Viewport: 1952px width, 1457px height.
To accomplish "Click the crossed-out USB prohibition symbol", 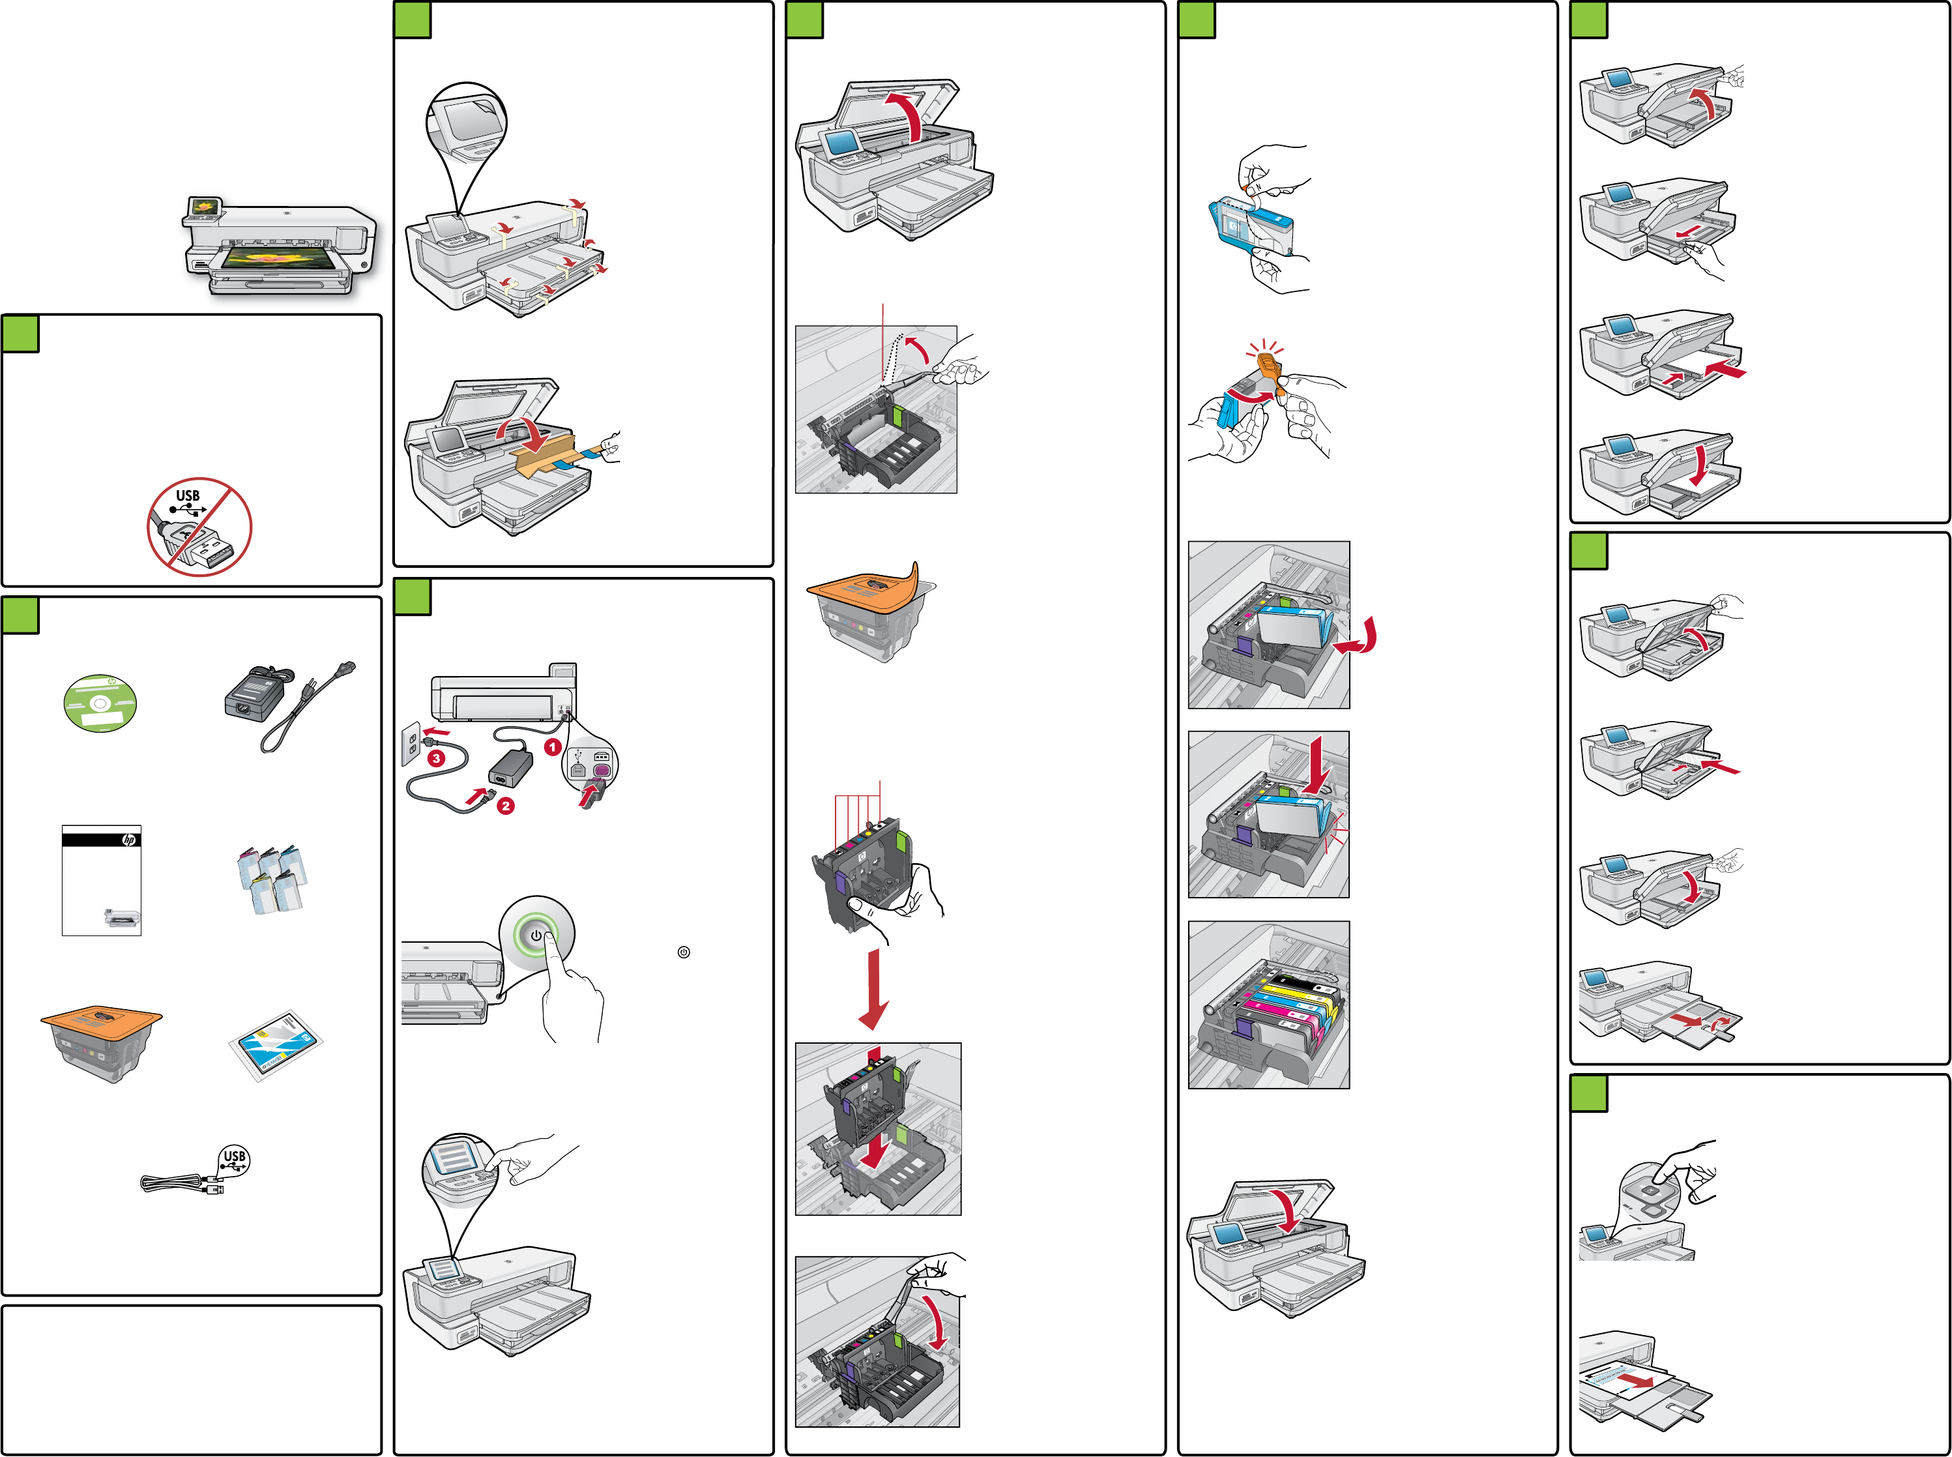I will [x=199, y=527].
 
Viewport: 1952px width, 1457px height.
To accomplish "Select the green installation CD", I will [x=100, y=703].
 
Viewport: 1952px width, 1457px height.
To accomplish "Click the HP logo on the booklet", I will [x=129, y=839].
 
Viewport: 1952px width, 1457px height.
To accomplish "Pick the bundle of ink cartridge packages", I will [x=272, y=879].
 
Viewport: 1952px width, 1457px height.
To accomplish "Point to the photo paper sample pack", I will [x=276, y=1044].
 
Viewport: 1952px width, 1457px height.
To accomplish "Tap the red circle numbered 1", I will [x=553, y=747].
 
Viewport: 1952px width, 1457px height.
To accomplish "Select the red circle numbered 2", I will [x=505, y=805].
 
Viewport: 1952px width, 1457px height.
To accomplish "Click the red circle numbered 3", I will [x=435, y=758].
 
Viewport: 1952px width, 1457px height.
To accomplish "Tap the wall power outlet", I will [x=411, y=742].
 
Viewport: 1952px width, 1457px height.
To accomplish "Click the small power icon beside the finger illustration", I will [x=683, y=952].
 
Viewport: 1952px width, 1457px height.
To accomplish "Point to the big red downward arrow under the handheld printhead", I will [x=874, y=988].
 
